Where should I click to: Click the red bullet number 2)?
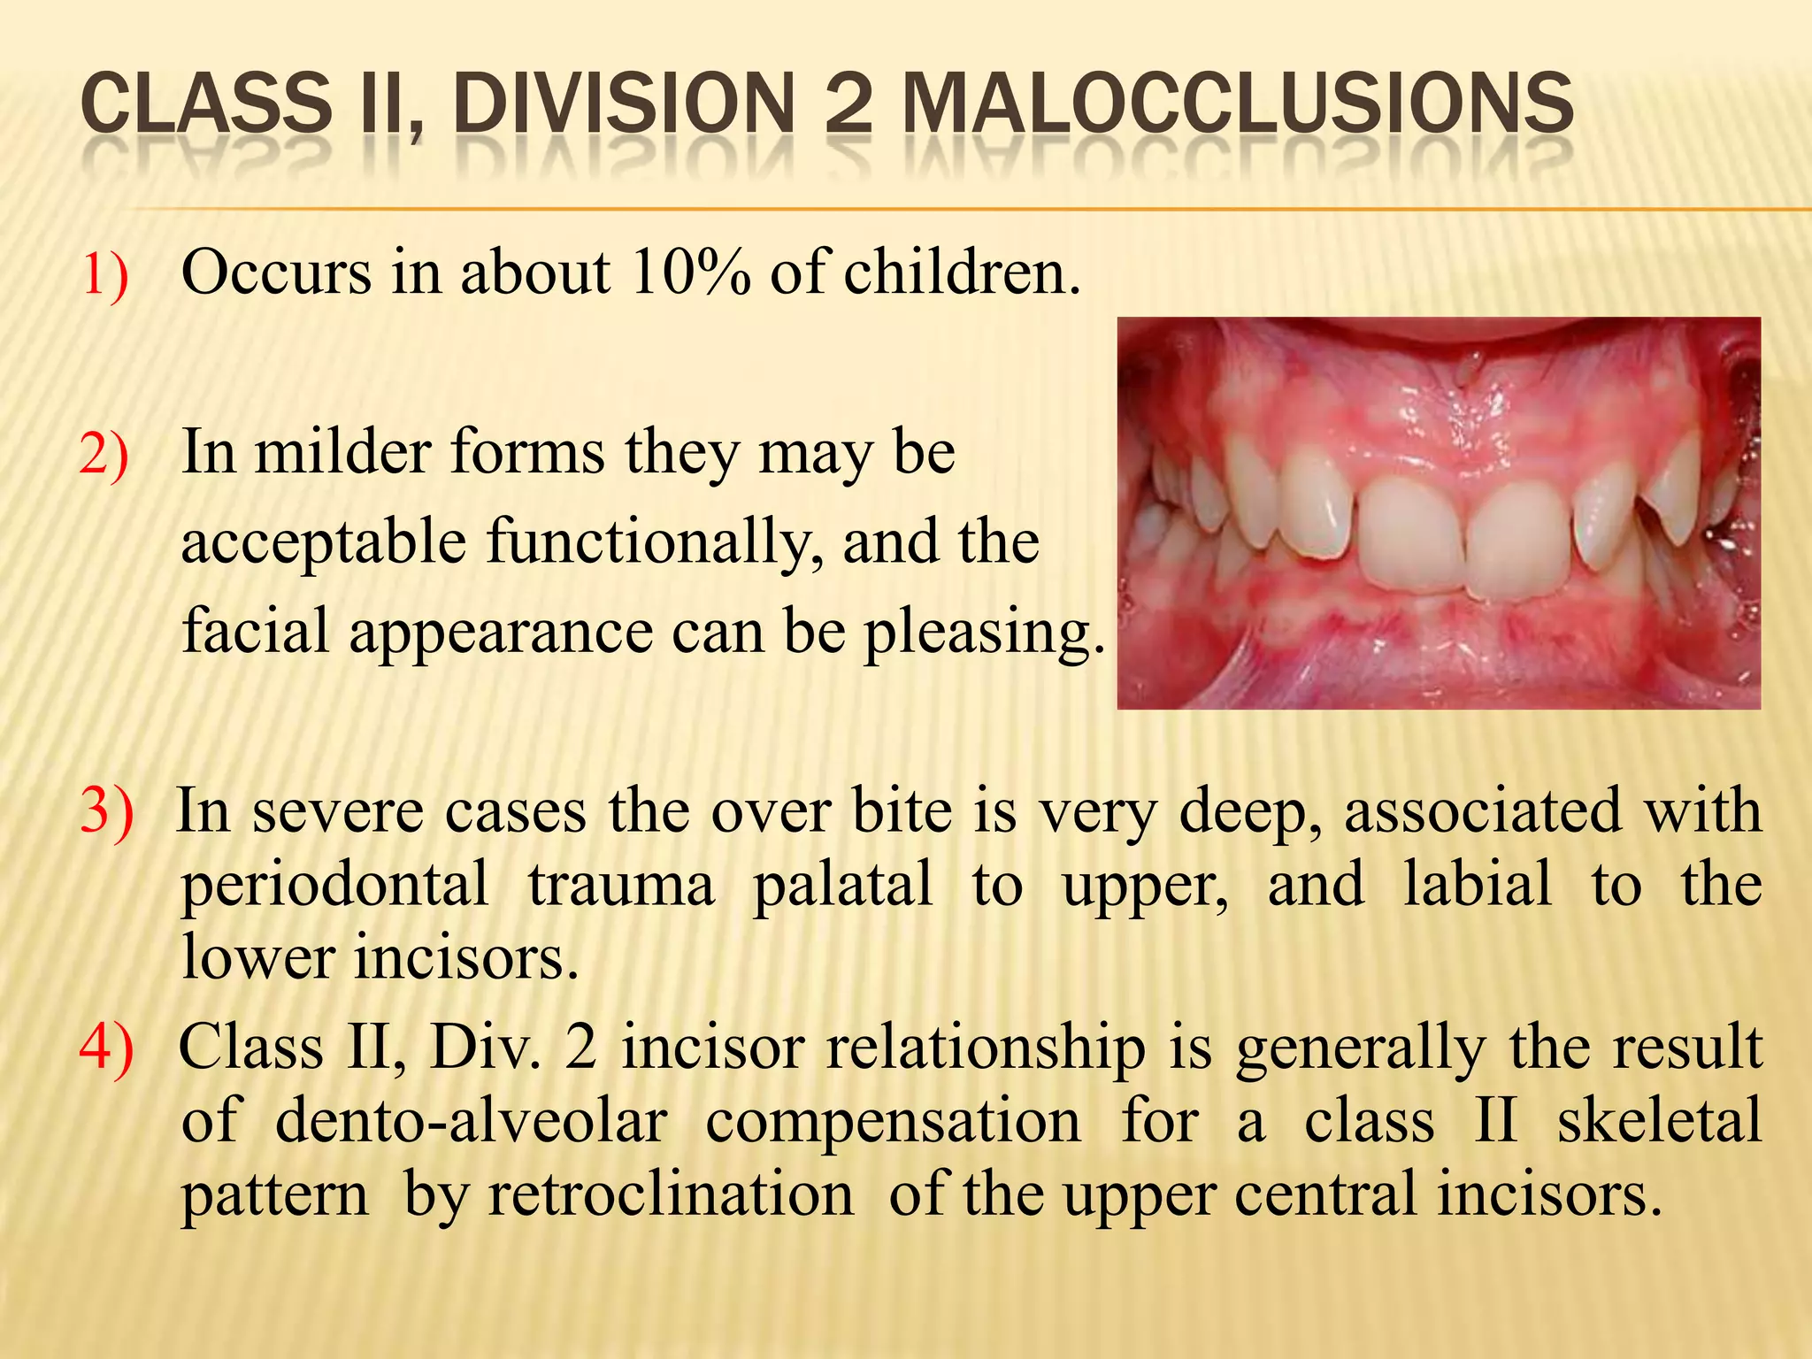point(104,455)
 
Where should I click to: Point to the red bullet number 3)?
point(106,810)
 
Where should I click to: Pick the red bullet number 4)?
point(106,1047)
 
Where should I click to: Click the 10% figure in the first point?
point(689,273)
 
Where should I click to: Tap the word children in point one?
point(961,273)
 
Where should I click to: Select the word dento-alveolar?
point(471,1122)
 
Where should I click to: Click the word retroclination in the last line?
point(672,1194)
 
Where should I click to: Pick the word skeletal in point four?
point(1659,1122)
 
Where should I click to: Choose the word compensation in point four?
point(893,1122)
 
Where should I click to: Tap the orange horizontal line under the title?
point(973,210)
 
